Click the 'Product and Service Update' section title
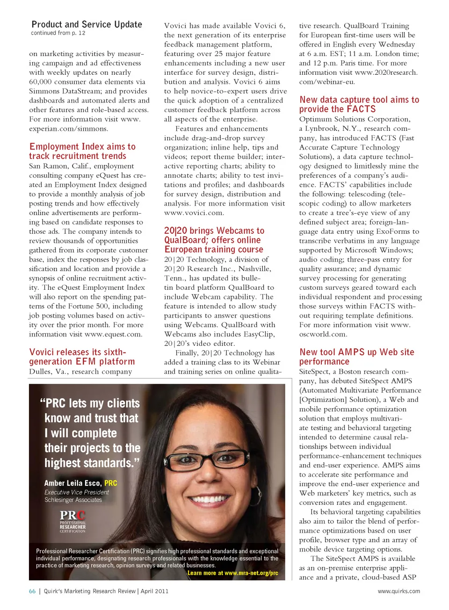point(87,24)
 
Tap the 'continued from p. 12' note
point(58,33)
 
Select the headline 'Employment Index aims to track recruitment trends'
point(82,151)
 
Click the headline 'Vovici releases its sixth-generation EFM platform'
point(82,357)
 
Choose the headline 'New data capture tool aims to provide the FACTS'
point(359,104)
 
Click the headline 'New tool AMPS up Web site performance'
point(357,357)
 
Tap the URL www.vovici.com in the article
point(194,213)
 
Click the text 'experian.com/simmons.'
point(68,129)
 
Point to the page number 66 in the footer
point(32,591)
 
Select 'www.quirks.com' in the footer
point(398,591)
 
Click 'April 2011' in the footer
point(154,591)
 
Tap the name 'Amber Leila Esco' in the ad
point(73,483)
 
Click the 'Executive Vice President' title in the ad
point(76,492)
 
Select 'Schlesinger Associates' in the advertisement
point(73,500)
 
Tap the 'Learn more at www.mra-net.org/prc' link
point(232,573)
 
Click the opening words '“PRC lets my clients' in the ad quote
point(90,403)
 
